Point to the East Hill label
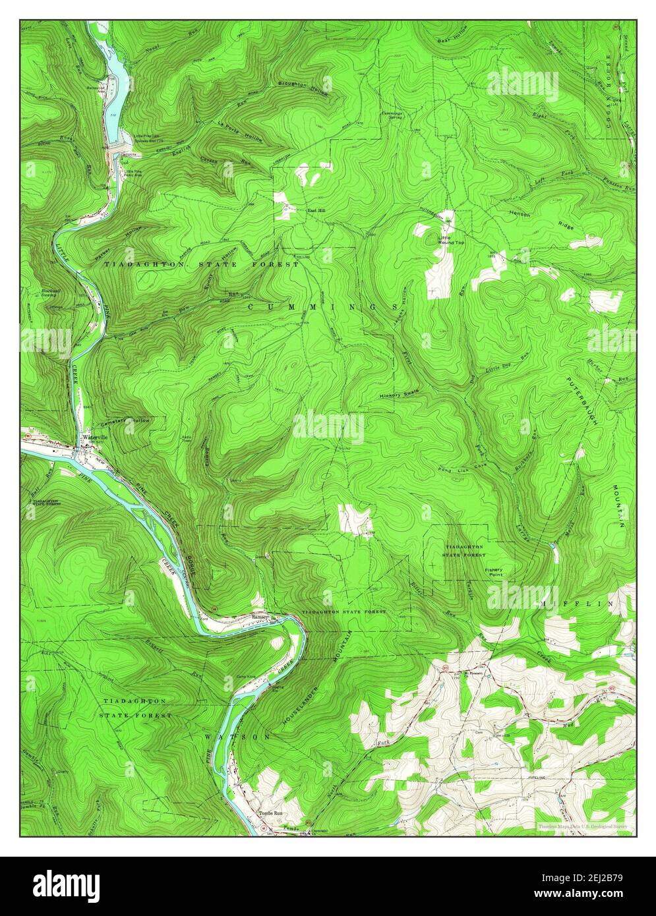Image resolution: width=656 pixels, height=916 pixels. point(317,211)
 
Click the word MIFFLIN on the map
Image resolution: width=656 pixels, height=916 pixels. point(579,603)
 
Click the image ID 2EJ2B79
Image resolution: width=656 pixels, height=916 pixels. point(601,878)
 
